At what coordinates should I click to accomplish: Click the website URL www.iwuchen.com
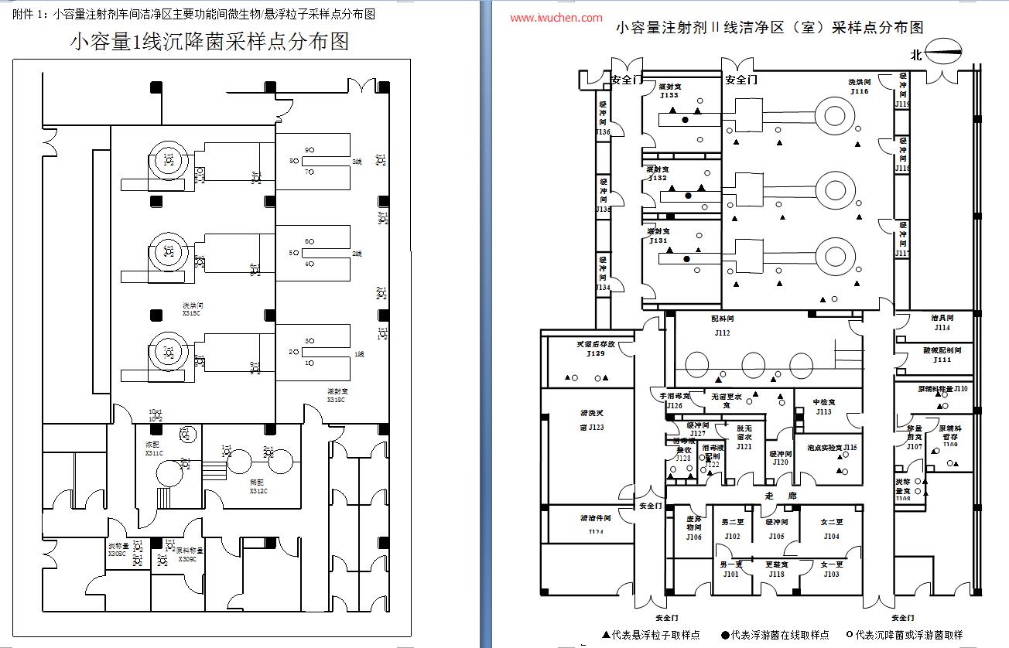556,17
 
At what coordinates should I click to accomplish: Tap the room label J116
860,91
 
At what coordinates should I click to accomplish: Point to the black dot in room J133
684,120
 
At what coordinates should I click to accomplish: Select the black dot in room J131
685,260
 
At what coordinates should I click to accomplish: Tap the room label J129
595,353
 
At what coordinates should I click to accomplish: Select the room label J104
831,536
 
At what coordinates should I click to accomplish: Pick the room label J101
731,575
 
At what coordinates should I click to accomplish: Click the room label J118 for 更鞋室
776,575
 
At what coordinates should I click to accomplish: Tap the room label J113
823,412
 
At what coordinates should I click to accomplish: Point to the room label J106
693,537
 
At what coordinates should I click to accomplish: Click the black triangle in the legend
606,635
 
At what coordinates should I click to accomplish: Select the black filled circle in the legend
725,635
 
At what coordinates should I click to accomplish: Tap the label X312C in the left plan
258,491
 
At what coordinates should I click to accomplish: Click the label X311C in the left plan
153,453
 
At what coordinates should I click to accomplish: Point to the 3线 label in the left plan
357,162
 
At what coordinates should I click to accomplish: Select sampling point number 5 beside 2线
293,253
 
